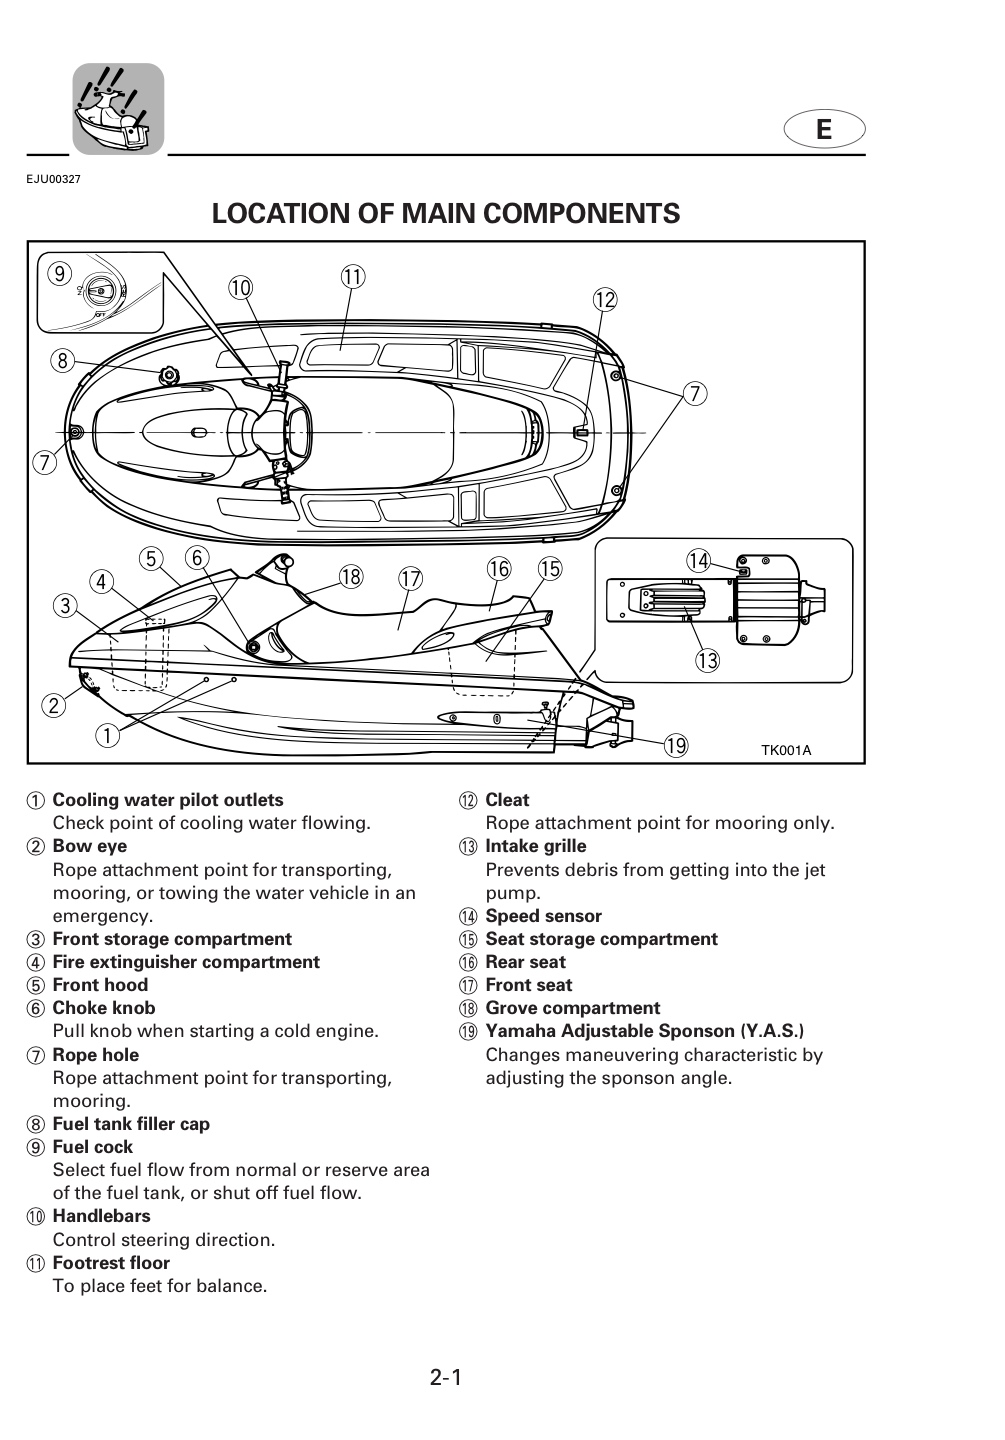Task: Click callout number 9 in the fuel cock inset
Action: click(60, 274)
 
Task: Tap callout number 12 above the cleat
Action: click(604, 300)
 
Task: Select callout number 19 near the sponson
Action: click(676, 746)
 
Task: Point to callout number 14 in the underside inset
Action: click(698, 561)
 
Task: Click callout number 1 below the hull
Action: click(107, 735)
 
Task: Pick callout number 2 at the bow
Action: click(54, 706)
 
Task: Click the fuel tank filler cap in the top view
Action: click(169, 373)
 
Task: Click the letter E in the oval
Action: click(824, 129)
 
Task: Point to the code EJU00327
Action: click(53, 179)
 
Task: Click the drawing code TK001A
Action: click(786, 750)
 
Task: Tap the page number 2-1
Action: click(446, 1378)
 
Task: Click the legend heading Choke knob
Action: click(104, 1008)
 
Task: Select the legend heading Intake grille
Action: click(536, 846)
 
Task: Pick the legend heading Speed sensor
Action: click(543, 916)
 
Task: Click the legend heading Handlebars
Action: click(102, 1216)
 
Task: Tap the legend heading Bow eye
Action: click(90, 847)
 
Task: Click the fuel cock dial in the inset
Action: click(102, 291)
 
